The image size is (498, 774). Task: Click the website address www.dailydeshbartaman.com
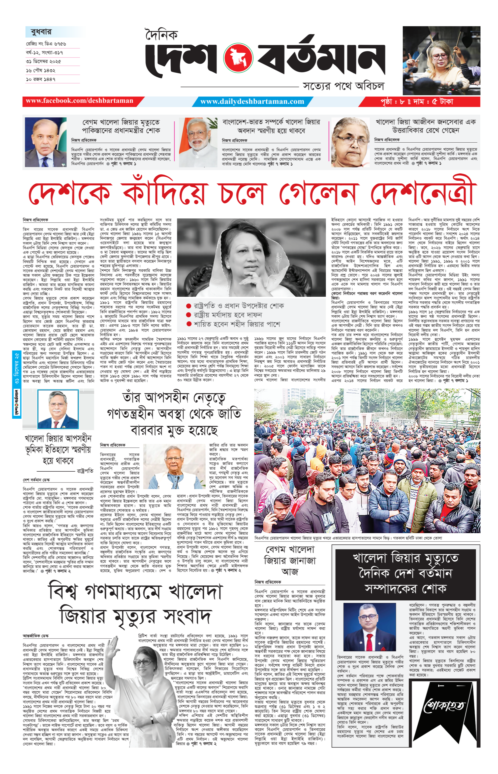(x=252, y=102)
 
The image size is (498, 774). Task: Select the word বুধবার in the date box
(x=41, y=32)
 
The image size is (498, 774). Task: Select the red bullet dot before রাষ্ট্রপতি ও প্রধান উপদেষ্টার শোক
(x=189, y=306)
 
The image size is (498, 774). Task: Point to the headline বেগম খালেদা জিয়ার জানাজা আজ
(x=290, y=561)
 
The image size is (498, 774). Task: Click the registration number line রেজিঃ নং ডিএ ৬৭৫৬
(x=46, y=44)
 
